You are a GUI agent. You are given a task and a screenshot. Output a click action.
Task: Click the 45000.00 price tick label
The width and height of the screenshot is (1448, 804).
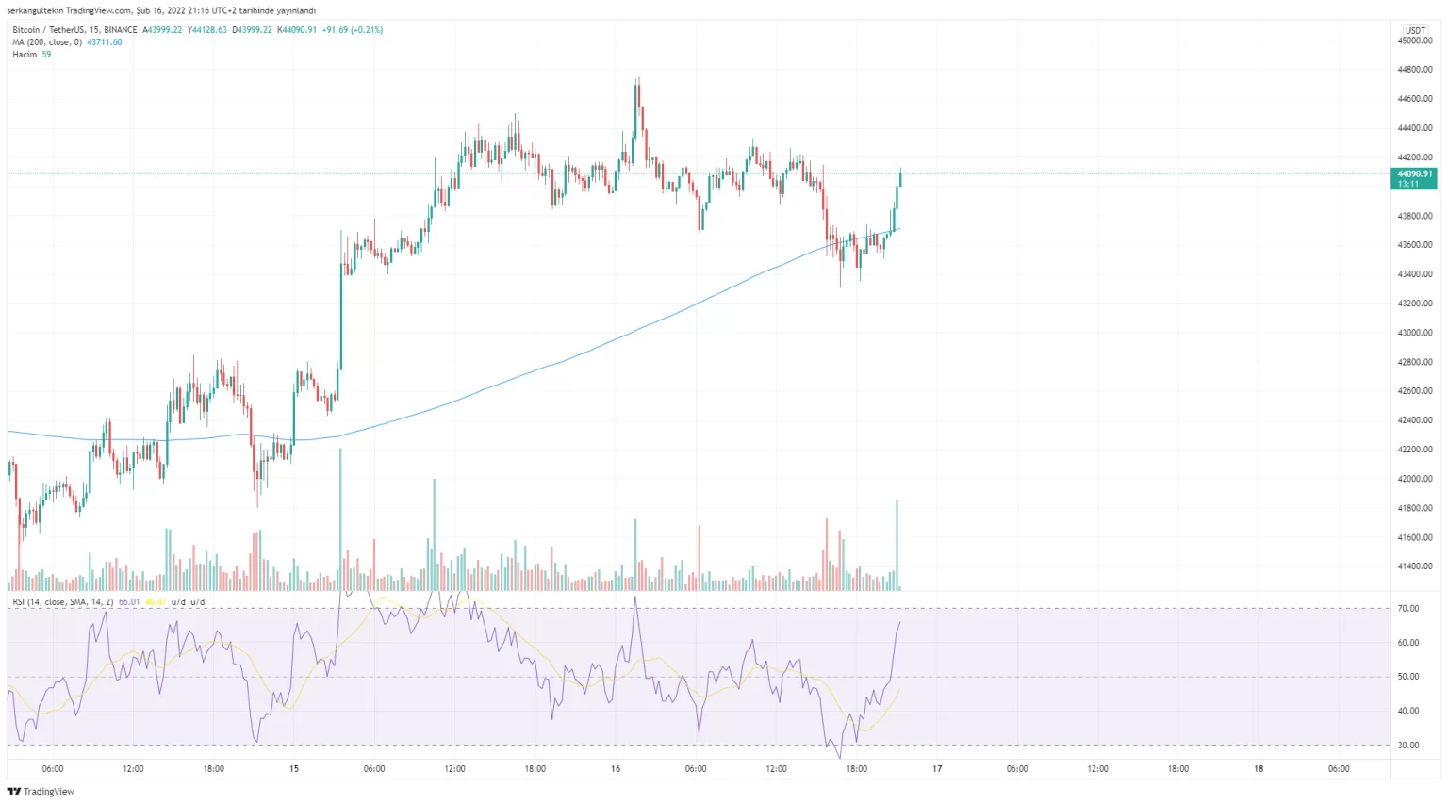click(1415, 41)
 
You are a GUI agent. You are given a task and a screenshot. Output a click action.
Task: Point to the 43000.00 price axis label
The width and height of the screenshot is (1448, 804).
click(1415, 333)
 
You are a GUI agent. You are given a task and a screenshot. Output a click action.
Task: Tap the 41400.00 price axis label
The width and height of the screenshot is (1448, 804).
click(1415, 566)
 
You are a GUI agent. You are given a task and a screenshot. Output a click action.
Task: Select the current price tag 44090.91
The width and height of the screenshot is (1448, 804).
click(1414, 174)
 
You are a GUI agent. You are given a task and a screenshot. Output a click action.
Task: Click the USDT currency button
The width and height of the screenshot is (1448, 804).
click(1415, 30)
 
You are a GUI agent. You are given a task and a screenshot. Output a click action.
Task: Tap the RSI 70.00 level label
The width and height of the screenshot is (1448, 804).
click(1408, 609)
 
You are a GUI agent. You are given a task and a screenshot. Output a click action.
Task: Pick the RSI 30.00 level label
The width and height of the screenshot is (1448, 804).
click(1408, 746)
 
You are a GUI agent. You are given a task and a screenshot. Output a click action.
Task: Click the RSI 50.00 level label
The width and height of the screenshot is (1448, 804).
click(1408, 677)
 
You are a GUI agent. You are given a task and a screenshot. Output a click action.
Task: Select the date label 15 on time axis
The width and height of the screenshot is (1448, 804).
click(294, 769)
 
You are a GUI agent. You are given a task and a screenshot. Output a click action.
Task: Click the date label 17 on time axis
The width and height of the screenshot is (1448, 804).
click(937, 769)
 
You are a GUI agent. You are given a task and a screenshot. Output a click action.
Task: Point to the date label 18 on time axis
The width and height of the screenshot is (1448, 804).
click(1259, 769)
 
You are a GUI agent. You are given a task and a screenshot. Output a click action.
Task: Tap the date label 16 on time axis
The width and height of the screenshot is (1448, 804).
click(616, 769)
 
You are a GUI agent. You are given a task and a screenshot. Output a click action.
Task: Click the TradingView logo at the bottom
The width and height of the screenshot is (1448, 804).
click(41, 792)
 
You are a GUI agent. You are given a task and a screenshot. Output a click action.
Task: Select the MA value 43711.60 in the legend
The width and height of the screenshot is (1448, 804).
click(105, 42)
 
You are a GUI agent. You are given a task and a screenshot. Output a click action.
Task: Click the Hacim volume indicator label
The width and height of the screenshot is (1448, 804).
click(25, 55)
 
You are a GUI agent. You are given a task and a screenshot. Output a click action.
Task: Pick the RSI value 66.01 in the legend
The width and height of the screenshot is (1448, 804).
click(129, 602)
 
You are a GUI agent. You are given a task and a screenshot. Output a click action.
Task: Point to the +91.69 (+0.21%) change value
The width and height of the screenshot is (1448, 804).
click(353, 30)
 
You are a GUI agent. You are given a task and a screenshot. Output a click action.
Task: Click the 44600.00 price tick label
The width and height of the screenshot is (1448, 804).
click(1415, 99)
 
